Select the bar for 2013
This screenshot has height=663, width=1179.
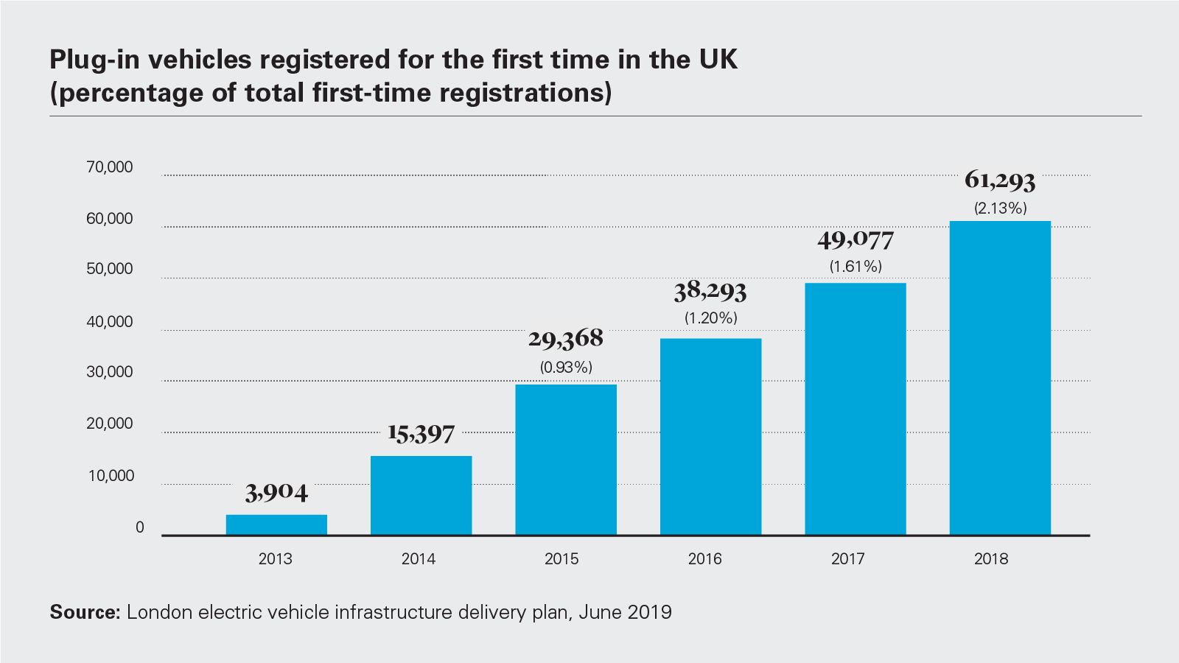[x=276, y=525]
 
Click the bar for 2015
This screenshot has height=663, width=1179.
[x=566, y=460]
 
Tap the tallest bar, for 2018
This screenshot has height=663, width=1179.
[x=1000, y=378]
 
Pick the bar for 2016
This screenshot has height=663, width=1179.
[x=710, y=436]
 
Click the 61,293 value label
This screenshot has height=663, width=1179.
[x=1000, y=180]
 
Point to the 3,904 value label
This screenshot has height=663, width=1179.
[x=276, y=492]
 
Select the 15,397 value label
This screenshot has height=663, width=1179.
[x=421, y=433]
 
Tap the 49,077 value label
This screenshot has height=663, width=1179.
[x=855, y=239]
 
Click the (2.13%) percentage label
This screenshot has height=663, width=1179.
[x=1000, y=208]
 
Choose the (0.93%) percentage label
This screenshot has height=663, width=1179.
[x=566, y=367]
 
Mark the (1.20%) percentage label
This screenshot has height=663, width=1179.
[x=710, y=318]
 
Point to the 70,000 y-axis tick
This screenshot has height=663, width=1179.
[x=110, y=167]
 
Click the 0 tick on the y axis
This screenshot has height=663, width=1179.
[x=139, y=527]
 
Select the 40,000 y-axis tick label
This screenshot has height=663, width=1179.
[x=110, y=322]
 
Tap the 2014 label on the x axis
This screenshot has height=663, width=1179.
[x=419, y=559]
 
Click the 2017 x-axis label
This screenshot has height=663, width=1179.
[x=848, y=559]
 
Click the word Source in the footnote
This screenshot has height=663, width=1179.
[x=84, y=612]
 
